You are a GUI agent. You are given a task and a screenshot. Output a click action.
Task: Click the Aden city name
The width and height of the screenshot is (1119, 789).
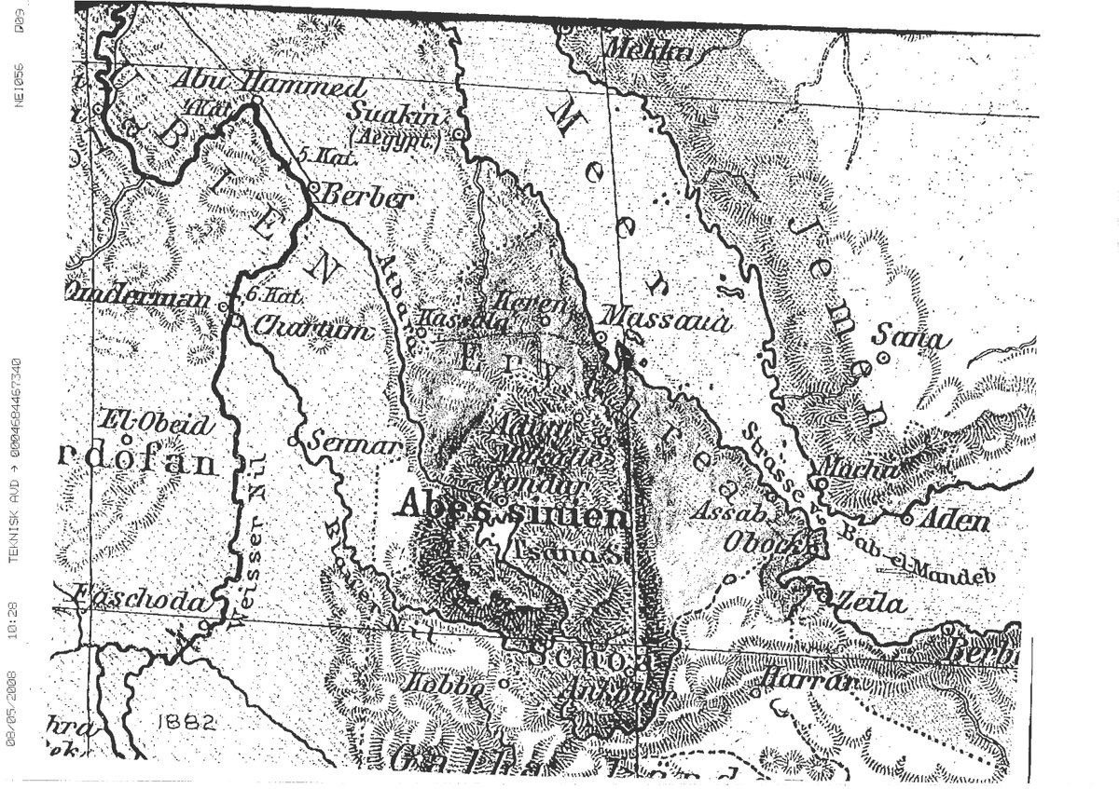click(953, 518)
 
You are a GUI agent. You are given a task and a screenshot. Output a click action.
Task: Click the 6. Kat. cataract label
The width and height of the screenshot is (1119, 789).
click(273, 296)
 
